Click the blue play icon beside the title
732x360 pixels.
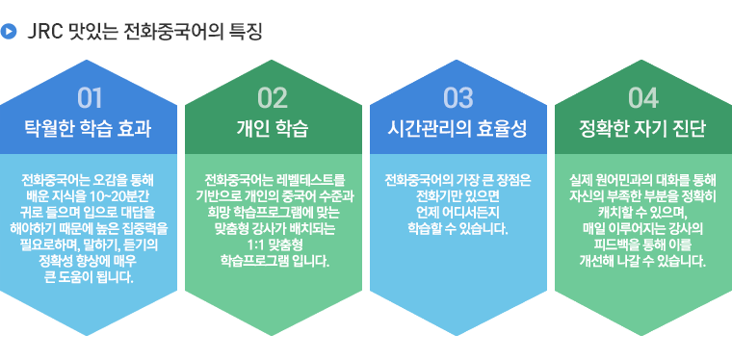tap(9, 32)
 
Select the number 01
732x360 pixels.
tap(90, 98)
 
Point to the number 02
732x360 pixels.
tap(274, 98)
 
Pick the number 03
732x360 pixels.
tap(457, 98)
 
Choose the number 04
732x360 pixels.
tap(642, 98)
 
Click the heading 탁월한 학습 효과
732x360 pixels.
tap(89, 129)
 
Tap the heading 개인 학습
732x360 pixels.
tap(274, 129)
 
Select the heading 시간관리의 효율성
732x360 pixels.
tap(457, 129)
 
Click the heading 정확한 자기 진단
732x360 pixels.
tap(642, 129)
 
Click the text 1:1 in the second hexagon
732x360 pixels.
tap(258, 244)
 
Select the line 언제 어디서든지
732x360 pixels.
tap(457, 213)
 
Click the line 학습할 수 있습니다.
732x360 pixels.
tap(457, 229)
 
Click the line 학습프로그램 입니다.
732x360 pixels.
tap(274, 262)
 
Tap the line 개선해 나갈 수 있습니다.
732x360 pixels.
tap(642, 261)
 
